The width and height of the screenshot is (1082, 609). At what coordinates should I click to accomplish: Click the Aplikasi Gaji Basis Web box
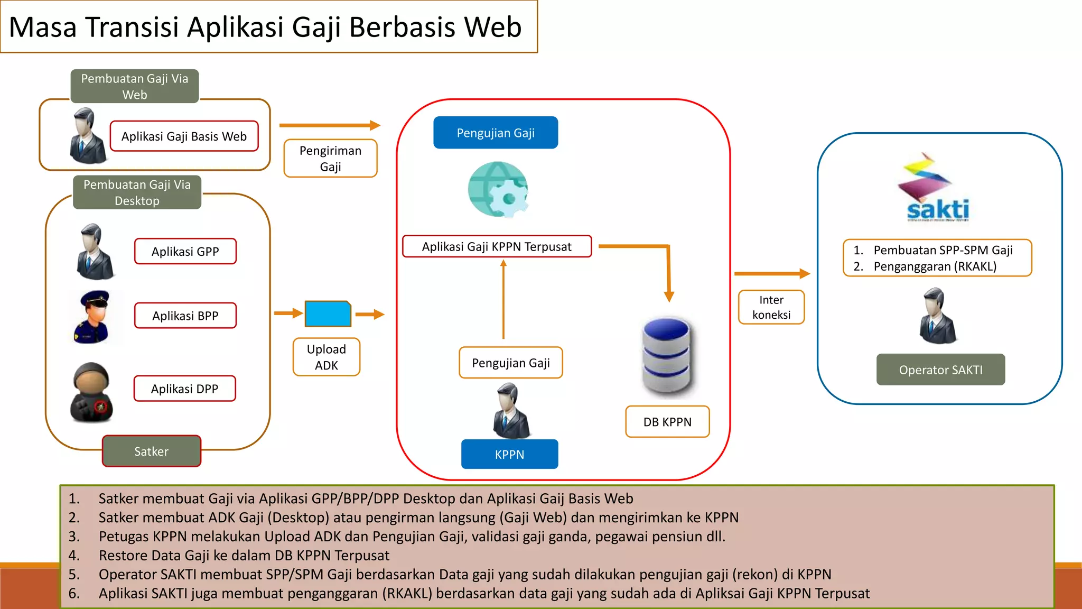click(184, 136)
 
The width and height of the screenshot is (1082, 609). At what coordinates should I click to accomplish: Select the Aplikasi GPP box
click(185, 252)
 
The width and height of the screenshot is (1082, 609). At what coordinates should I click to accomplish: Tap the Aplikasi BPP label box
click(185, 316)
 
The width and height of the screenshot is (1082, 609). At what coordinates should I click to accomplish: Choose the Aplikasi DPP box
click(184, 389)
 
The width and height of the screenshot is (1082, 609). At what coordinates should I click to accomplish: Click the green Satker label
click(152, 451)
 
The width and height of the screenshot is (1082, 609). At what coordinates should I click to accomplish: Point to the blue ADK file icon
click(328, 314)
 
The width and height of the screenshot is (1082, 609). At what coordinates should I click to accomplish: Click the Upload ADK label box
click(327, 357)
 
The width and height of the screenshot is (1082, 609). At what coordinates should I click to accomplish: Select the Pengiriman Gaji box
click(330, 159)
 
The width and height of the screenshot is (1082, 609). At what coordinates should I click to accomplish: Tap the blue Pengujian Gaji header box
click(496, 133)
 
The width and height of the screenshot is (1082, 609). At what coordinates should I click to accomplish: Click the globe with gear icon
click(498, 190)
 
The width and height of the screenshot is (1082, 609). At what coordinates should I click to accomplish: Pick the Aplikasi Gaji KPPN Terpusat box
click(497, 247)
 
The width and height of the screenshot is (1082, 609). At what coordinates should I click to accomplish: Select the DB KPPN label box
click(667, 422)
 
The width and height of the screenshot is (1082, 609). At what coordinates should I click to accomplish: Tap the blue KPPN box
click(509, 455)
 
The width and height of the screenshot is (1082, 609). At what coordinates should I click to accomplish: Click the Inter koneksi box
click(771, 307)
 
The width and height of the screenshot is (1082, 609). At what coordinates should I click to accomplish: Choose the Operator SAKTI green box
click(940, 370)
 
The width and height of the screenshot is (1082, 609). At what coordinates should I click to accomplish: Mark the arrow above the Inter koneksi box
click(771, 274)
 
